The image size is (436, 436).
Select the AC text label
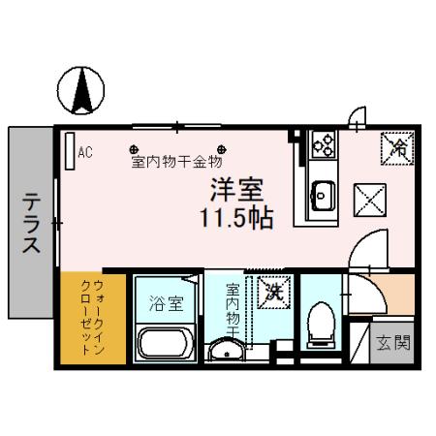tap(84, 151)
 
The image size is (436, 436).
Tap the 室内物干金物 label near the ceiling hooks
tap(176, 161)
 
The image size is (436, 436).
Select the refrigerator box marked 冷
tap(396, 147)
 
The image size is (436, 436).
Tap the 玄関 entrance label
tap(393, 342)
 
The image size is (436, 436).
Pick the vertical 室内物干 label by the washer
tap(234, 308)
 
